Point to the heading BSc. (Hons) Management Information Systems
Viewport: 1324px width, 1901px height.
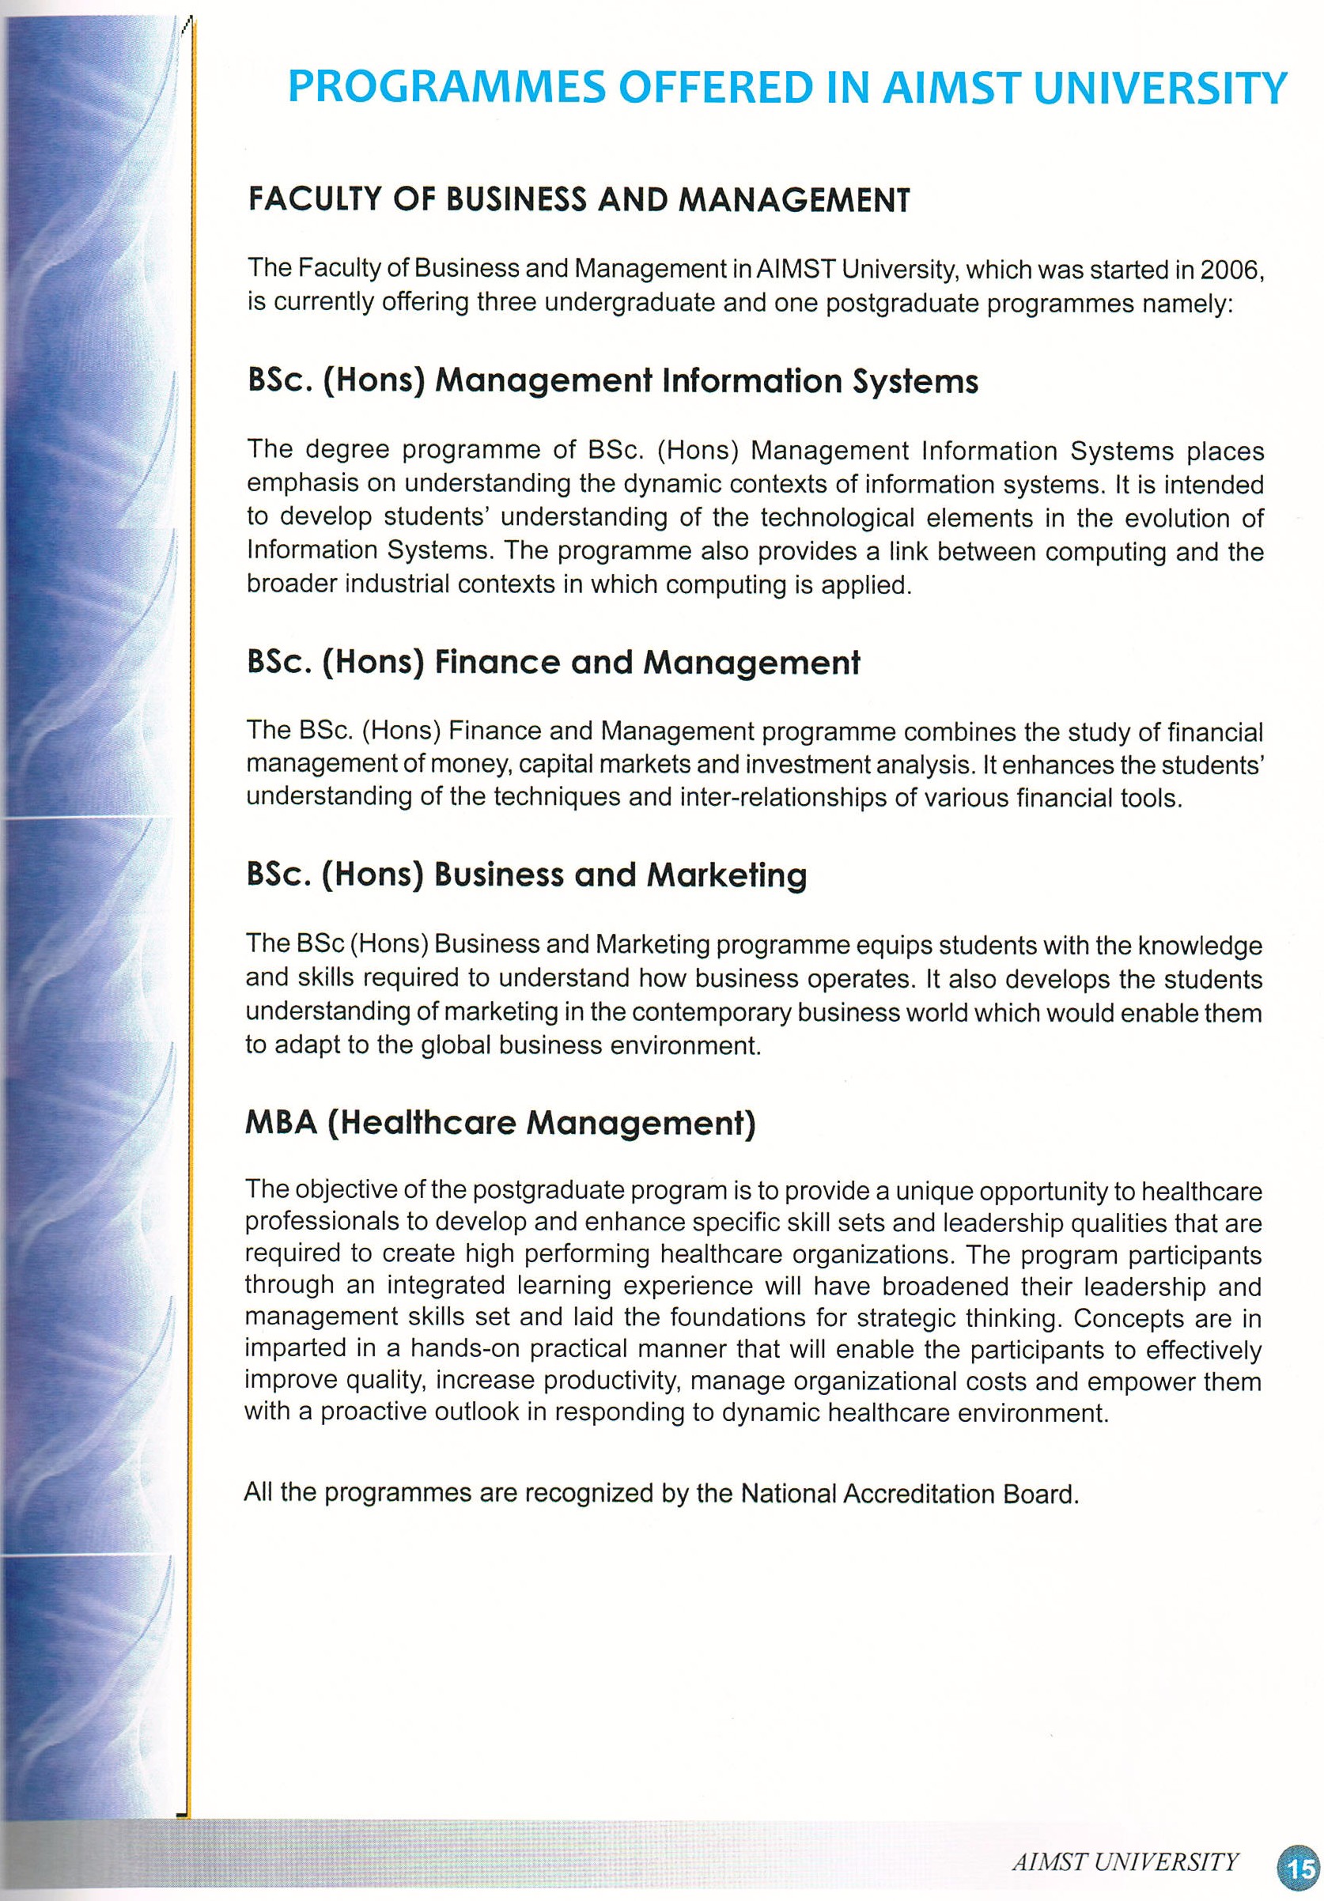tap(612, 381)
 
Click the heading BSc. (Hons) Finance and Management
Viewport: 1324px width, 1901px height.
tap(553, 663)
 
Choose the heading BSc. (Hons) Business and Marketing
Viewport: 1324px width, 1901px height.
tap(526, 875)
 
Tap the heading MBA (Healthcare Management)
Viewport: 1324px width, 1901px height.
tap(500, 1123)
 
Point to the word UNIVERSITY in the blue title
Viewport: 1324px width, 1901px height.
tap(1160, 87)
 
